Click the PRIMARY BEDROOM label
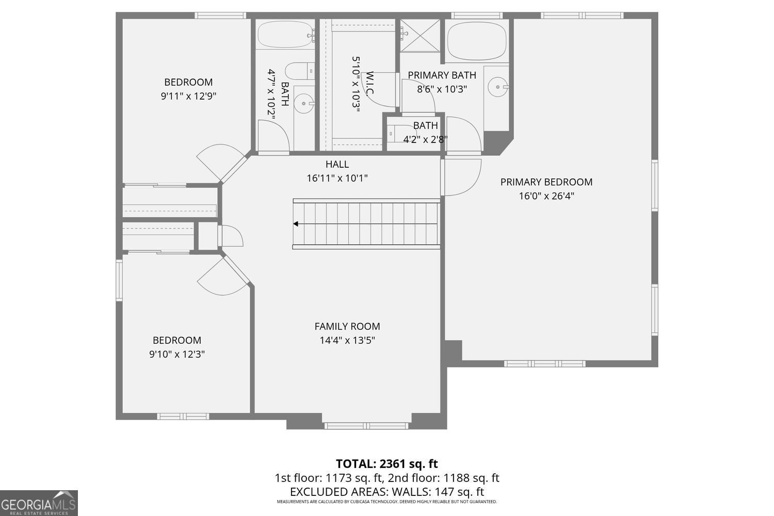click(546, 182)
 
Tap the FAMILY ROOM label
click(347, 327)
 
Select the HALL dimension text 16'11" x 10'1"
click(337, 179)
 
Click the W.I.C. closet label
click(370, 84)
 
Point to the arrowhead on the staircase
click(296, 224)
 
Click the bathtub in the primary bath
click(476, 41)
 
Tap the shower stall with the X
click(421, 36)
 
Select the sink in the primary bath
click(498, 87)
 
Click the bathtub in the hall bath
click(285, 35)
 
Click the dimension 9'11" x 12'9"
click(188, 95)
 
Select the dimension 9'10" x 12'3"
click(177, 354)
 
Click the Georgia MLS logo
click(39, 503)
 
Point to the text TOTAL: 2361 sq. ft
click(386, 463)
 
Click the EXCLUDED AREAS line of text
click(386, 492)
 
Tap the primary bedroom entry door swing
click(462, 176)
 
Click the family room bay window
click(366, 425)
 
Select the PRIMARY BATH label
click(442, 75)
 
